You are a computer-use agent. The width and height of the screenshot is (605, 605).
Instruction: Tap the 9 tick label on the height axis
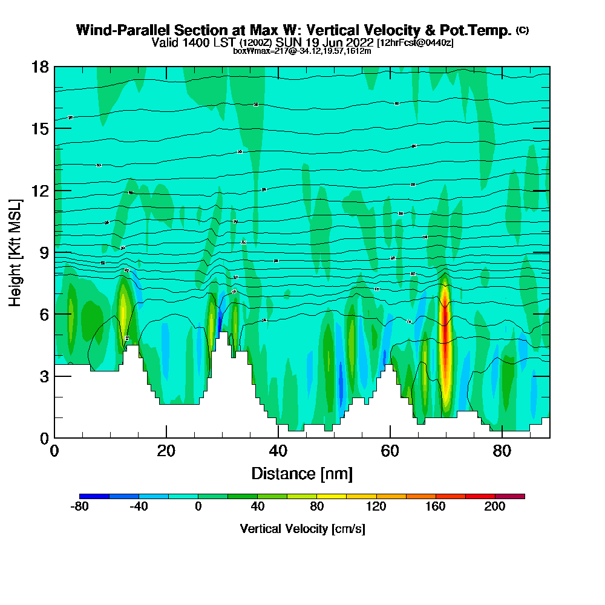click(x=44, y=252)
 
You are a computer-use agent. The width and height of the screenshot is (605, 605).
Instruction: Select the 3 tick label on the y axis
click(x=44, y=376)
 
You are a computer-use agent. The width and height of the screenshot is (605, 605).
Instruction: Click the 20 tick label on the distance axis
click(x=166, y=451)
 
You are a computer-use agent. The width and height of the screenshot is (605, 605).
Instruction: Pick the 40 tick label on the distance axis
click(x=278, y=451)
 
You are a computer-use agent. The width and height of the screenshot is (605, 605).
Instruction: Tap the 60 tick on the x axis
click(x=390, y=437)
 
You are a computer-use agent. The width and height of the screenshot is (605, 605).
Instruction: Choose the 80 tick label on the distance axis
click(x=502, y=451)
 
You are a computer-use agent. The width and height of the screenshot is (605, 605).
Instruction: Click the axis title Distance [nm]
click(x=302, y=473)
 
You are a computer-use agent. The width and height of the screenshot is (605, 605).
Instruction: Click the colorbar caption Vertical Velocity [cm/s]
click(x=302, y=529)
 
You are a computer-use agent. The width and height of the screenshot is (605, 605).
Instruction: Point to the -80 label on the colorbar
click(x=80, y=507)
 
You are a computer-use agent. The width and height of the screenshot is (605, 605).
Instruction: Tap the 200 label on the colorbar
click(x=495, y=507)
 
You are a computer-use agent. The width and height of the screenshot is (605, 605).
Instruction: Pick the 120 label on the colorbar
click(x=376, y=507)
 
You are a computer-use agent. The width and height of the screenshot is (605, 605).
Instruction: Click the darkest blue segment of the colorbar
click(x=94, y=496)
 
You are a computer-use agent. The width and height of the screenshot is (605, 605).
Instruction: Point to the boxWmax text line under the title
click(x=302, y=51)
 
